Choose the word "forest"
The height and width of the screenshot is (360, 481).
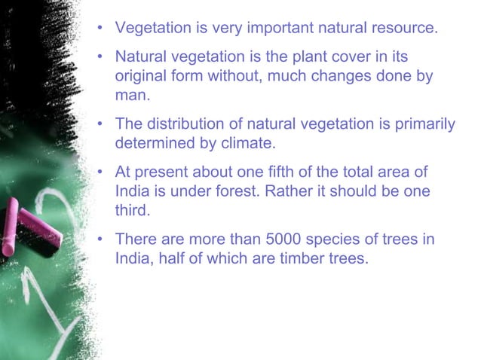coord(237,191)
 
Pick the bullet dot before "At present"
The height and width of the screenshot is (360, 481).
coord(99,172)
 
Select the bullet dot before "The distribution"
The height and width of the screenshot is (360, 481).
coord(99,124)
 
